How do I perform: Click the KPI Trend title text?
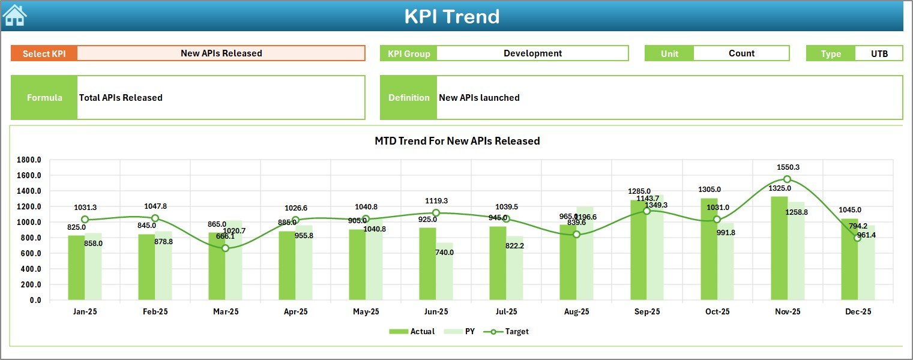451,16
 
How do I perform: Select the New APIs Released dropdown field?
221,53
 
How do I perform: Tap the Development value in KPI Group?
532,53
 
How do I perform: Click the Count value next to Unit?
741,53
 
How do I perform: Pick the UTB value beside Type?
879,53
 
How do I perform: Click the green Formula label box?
44,98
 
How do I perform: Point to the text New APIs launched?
479,98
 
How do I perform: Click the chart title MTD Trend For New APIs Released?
457,141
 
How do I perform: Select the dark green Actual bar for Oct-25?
708,249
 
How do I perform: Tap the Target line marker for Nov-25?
787,179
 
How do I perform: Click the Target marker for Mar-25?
225,248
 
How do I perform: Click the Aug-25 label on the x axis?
576,312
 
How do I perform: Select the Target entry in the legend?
510,331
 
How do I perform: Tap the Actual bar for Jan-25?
76,268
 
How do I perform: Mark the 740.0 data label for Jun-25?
444,253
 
